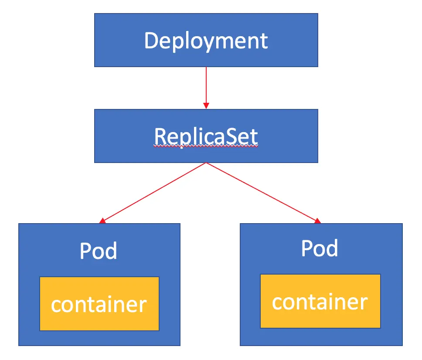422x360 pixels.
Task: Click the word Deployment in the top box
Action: [x=206, y=41]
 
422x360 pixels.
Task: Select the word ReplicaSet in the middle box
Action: [x=206, y=136]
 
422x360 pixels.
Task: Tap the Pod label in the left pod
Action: [x=99, y=251]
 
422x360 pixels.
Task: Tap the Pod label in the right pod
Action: [x=320, y=248]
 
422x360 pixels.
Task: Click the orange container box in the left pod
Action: [x=99, y=304]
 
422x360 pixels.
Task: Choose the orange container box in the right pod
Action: [x=320, y=301]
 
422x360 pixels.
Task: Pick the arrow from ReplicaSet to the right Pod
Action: [x=262, y=192]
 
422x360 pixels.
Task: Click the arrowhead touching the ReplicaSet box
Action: [x=206, y=106]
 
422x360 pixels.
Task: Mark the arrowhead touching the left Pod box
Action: [x=102, y=221]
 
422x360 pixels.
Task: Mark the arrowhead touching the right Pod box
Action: [x=317, y=221]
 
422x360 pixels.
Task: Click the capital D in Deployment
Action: [x=151, y=41]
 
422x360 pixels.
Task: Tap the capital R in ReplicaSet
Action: [x=160, y=136]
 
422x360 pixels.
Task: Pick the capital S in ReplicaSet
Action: [x=236, y=136]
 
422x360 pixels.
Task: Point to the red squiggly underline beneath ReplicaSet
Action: [x=206, y=147]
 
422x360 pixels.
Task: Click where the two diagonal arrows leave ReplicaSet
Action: [x=206, y=163]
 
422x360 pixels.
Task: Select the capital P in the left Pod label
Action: [x=85, y=251]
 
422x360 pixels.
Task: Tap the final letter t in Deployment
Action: [x=264, y=41]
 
